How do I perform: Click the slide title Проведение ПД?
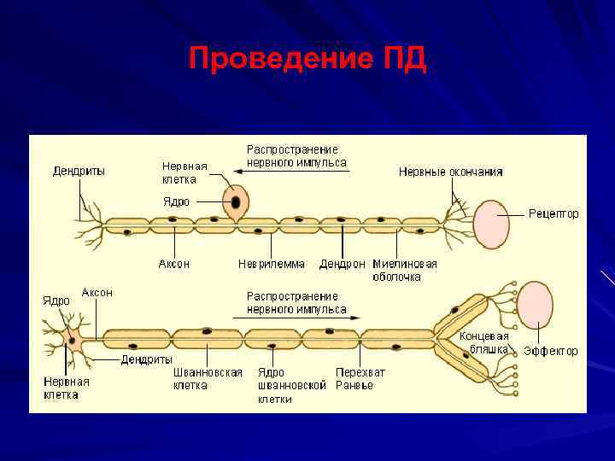coord(307,61)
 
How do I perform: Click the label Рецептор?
coord(553,213)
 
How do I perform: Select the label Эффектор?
coord(550,351)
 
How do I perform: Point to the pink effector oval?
coord(536,303)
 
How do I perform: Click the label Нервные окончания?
coord(450,172)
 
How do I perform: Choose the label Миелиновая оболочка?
coord(405,270)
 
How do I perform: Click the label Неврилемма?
coord(271,264)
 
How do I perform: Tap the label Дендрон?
coord(343,264)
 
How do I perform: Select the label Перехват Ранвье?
coord(360,378)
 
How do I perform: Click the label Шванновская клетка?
coord(208,378)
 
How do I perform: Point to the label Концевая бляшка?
coord(483,342)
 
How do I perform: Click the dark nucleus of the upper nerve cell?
coord(233,203)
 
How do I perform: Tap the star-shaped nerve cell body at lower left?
coord(73,340)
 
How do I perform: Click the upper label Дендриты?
coord(79,170)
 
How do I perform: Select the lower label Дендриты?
coord(146,359)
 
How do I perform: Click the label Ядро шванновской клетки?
coord(292,385)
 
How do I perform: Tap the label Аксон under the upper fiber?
coord(174,264)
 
